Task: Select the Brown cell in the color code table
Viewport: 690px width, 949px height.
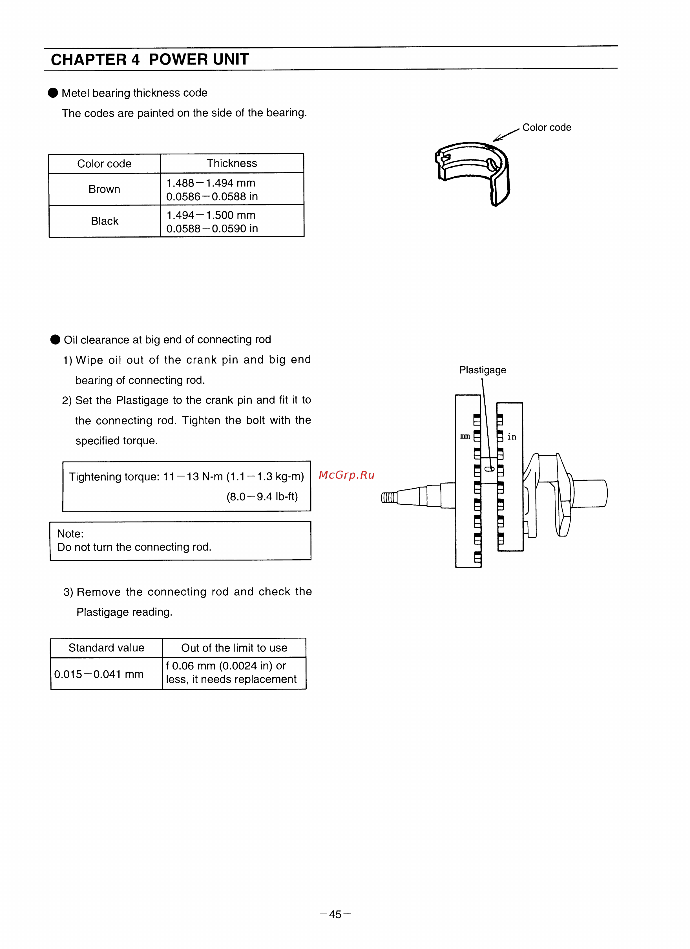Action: click(x=104, y=189)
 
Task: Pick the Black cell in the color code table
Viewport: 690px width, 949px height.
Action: click(x=105, y=221)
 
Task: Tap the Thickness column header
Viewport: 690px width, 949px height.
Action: click(x=231, y=163)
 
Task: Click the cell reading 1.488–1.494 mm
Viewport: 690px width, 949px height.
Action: click(x=211, y=183)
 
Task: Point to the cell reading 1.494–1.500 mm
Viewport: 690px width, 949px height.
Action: click(x=211, y=215)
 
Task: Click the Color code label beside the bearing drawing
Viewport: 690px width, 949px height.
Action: click(x=546, y=127)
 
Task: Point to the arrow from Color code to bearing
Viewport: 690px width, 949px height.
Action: click(x=506, y=135)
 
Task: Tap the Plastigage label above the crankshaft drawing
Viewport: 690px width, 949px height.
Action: click(x=482, y=370)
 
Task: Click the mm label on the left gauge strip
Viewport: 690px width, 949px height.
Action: click(x=465, y=436)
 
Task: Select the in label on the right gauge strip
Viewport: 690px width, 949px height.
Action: click(x=512, y=437)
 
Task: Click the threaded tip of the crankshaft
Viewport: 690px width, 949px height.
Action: click(x=388, y=498)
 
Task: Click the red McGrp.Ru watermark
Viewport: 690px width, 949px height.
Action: click(x=346, y=475)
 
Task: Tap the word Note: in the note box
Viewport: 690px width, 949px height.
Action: click(x=70, y=533)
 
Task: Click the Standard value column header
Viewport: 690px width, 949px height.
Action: click(x=106, y=648)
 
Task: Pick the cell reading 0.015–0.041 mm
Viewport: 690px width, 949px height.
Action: click(x=99, y=674)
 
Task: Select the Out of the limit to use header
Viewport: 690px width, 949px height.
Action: click(x=234, y=648)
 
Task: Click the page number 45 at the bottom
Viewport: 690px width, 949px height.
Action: click(x=335, y=914)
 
